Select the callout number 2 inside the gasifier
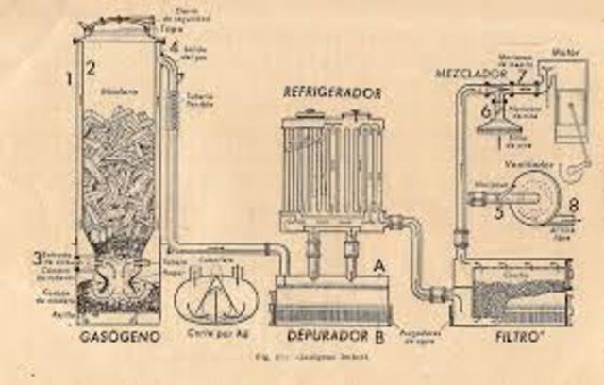tap(92, 68)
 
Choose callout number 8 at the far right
tap(573, 204)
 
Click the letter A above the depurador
tap(377, 265)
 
